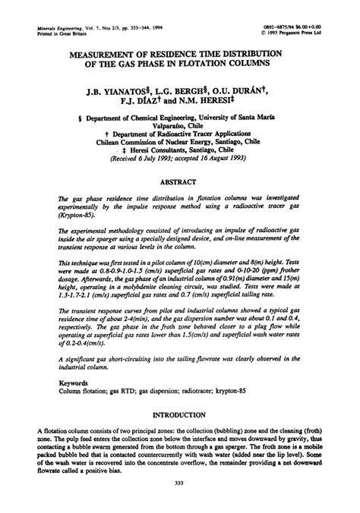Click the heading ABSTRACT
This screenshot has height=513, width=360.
[x=180, y=184]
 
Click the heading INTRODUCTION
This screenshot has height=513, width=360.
[x=180, y=417]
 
